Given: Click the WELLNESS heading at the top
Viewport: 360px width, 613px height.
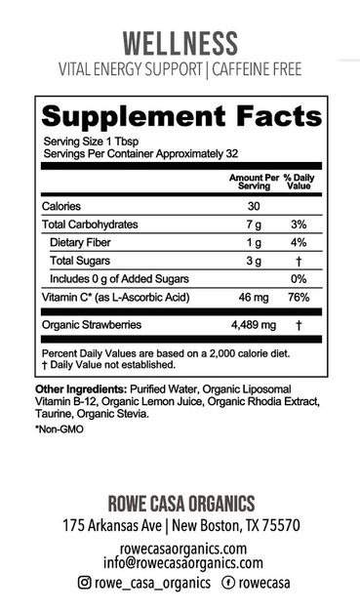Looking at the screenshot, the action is coord(180,43).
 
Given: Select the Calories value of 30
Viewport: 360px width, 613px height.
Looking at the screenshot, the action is coord(253,206).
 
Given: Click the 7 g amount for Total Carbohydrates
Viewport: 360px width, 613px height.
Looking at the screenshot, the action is coord(253,225).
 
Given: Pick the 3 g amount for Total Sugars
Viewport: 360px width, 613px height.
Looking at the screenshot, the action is coord(253,261).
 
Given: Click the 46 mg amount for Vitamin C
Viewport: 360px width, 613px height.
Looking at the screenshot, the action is coord(253,297).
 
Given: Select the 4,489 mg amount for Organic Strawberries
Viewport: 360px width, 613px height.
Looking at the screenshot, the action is coord(253,324).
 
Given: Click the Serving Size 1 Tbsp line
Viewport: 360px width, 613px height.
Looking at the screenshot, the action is coord(85,141).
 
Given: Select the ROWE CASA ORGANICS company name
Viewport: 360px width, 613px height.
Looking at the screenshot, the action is coord(180,504).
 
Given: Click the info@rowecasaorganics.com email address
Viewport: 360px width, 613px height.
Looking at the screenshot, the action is coord(180,562).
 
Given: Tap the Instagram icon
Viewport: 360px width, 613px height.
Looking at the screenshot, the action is coord(85,583).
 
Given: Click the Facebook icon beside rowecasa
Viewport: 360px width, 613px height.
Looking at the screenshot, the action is coord(227,583).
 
